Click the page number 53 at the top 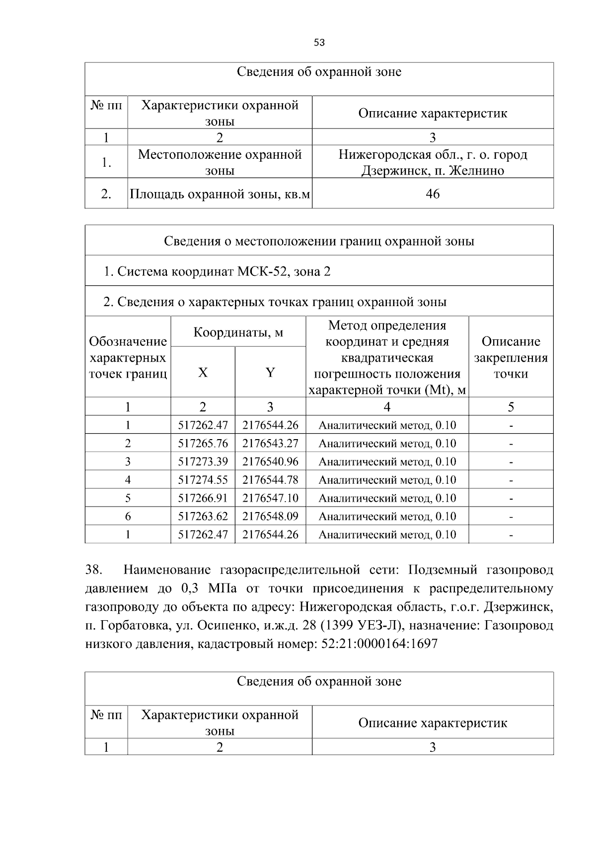(319, 43)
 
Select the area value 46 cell (433, 194)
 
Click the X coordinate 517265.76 (203, 444)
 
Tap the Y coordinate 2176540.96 (270, 462)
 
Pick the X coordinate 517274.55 (203, 480)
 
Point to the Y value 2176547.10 (270, 498)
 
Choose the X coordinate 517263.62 (203, 517)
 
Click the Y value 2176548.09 (270, 517)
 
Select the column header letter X (203, 373)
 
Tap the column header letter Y (270, 373)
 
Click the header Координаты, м (238, 332)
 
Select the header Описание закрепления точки (511, 357)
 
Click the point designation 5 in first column (128, 498)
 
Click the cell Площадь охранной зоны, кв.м (220, 194)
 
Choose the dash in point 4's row (511, 480)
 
